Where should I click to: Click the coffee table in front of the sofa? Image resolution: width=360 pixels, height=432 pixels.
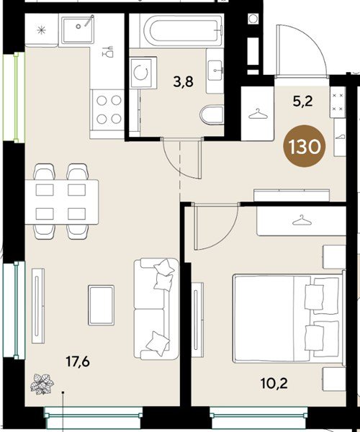click(101, 303)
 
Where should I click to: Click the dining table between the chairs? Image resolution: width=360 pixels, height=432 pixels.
click(62, 201)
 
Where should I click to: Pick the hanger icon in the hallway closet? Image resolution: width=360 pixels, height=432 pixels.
click(256, 113)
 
